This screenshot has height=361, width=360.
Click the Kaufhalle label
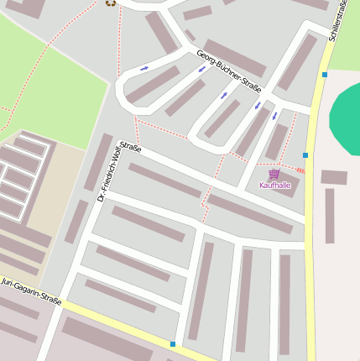pyautogui.click(x=274, y=185)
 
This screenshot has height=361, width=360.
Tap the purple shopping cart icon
pyautogui.click(x=274, y=174)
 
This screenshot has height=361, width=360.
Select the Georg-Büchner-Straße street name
pyautogui.click(x=228, y=71)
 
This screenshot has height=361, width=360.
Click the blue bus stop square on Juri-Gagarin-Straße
pyautogui.click(x=173, y=344)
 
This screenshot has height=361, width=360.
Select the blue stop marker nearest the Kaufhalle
pyautogui.click(x=305, y=155)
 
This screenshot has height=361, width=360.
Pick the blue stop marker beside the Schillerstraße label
pyautogui.click(x=324, y=75)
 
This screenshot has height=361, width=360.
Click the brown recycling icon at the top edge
pyautogui.click(x=110, y=3)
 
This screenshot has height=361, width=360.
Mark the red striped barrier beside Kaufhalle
pyautogui.click(x=300, y=170)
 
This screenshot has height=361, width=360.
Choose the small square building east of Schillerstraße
pyautogui.click(x=333, y=177)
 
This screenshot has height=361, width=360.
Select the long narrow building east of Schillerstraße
pyautogui.click(x=330, y=216)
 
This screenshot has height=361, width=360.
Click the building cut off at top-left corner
pyautogui.click(x=25, y=8)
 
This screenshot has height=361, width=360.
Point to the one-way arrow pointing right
pyautogui.click(x=144, y=68)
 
